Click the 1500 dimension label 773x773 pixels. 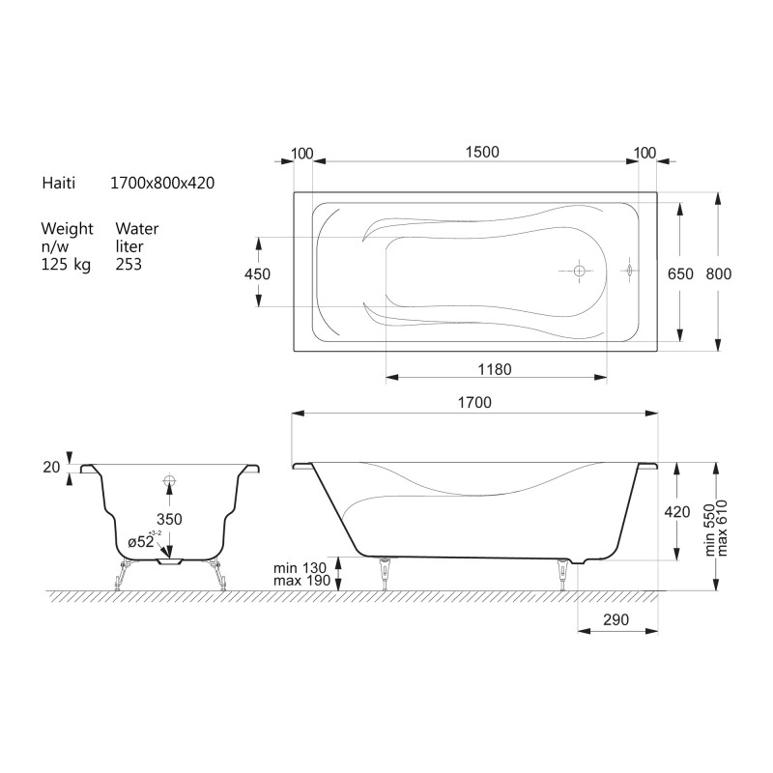(x=482, y=152)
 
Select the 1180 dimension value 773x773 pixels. (x=495, y=369)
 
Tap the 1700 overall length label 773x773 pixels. (x=474, y=402)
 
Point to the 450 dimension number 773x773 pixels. (x=257, y=273)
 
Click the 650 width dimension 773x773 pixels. (x=680, y=273)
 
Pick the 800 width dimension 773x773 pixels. (x=718, y=273)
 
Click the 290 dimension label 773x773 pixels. (x=616, y=619)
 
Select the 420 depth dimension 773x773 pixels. (x=677, y=512)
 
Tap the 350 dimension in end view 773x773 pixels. (x=169, y=519)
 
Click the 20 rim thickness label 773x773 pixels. (x=51, y=467)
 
